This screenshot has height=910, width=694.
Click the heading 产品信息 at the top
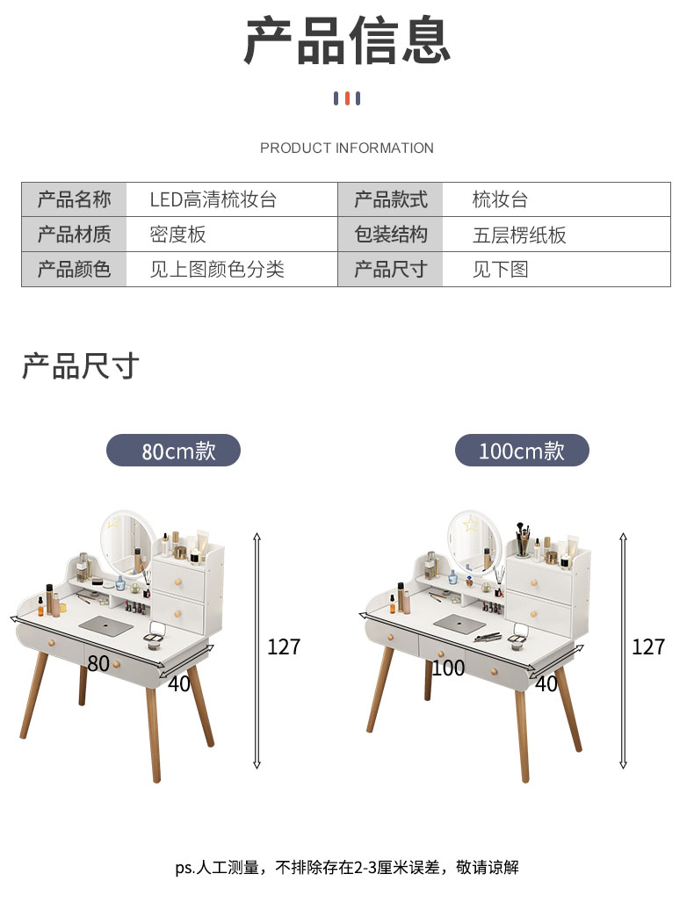(x=347, y=40)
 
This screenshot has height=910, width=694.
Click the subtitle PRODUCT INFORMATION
(x=347, y=148)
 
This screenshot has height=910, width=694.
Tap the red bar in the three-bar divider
(x=347, y=98)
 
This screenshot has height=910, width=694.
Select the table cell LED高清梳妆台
(x=213, y=199)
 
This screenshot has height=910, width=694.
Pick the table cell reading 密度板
(x=177, y=235)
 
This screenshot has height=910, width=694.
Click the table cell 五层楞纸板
(x=519, y=235)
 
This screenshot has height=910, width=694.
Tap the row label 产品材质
(x=74, y=235)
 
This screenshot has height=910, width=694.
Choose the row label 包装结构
(x=391, y=235)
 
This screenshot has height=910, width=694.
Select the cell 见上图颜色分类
(x=217, y=270)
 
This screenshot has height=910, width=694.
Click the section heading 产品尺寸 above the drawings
(x=81, y=365)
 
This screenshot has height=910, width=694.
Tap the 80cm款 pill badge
(x=174, y=451)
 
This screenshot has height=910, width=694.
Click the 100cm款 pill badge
(x=522, y=451)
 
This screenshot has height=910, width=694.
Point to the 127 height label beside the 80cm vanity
(x=284, y=646)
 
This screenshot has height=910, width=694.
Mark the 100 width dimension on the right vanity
(x=448, y=668)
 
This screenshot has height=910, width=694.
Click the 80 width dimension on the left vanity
(x=98, y=663)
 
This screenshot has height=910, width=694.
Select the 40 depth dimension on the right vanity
(x=546, y=684)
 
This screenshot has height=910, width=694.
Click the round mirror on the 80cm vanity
(x=126, y=545)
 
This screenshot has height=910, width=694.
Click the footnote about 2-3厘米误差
(x=347, y=868)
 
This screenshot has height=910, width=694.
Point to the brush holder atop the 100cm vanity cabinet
(x=523, y=542)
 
